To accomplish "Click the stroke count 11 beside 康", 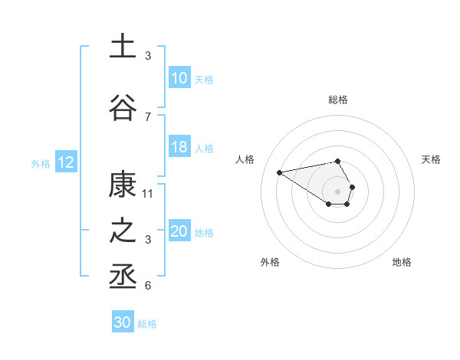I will [148, 193].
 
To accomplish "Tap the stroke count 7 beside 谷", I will [148, 116].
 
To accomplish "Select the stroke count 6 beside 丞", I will [148, 286].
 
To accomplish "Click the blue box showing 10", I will [179, 78].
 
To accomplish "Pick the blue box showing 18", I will [179, 147].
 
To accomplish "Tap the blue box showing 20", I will [179, 232].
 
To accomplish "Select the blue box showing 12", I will [66, 162].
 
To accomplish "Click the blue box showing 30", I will [123, 322].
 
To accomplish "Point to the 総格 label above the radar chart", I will [338, 100].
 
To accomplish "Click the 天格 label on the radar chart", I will [432, 159].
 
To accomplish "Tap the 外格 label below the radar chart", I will [270, 262].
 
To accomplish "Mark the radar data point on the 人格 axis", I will [280, 172].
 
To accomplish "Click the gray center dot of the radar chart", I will [338, 191].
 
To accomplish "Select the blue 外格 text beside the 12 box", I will [41, 163].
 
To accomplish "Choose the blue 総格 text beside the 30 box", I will [147, 324].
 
